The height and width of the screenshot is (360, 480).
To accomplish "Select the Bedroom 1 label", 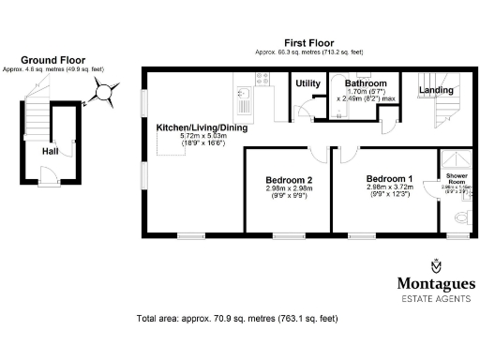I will click(x=388, y=178).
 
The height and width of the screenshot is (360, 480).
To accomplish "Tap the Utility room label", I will click(x=307, y=84).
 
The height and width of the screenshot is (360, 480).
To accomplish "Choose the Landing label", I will click(x=435, y=90).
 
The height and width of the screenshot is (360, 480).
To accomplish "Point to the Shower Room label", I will click(x=456, y=178).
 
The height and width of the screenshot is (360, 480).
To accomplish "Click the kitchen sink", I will click(x=244, y=93).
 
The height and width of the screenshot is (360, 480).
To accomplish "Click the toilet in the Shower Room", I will click(x=459, y=217).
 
